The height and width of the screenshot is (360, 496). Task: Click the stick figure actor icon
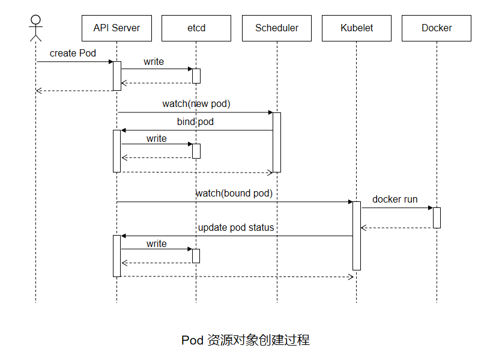[x=35, y=25]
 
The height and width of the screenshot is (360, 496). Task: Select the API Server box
[x=116, y=28]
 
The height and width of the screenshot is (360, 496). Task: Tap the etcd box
[x=196, y=28]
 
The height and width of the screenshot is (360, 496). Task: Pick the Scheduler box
[x=276, y=28]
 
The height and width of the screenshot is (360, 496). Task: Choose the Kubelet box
[x=356, y=28]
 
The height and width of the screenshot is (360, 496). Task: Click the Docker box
[x=437, y=28]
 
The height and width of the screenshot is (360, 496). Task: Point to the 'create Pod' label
[x=73, y=53]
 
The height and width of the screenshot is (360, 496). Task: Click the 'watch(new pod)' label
[x=196, y=104]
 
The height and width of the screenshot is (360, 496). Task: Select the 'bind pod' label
[x=195, y=122]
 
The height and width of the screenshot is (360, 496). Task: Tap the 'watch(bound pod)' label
[x=234, y=194]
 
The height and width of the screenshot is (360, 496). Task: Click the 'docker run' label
[x=395, y=200]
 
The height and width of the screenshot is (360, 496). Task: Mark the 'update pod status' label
[x=236, y=228]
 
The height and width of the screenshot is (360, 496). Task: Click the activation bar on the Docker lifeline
[x=437, y=218]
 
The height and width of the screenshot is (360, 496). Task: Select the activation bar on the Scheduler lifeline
[x=277, y=142]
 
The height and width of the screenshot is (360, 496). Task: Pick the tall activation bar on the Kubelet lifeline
[x=356, y=236]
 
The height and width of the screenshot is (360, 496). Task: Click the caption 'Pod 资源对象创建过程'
[x=246, y=340]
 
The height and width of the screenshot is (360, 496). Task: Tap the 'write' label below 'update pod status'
[x=157, y=243]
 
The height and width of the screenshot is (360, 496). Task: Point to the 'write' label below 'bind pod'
[x=157, y=139]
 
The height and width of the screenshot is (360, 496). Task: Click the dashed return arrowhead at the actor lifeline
[x=38, y=91]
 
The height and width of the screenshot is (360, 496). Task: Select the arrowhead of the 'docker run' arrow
[x=430, y=208]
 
